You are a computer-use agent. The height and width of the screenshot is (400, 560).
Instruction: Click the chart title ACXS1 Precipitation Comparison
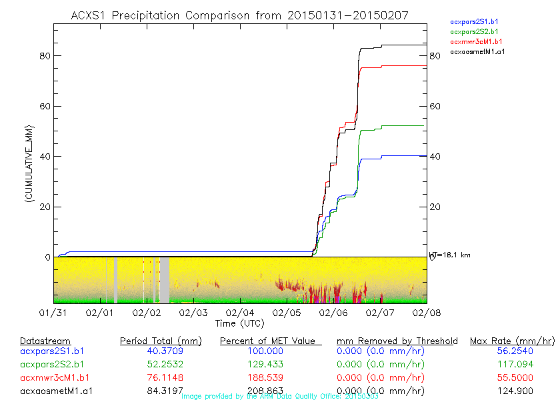click(239, 15)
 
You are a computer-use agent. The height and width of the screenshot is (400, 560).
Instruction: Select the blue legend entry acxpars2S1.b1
click(474, 22)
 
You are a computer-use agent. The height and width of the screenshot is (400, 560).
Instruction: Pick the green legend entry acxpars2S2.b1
click(474, 31)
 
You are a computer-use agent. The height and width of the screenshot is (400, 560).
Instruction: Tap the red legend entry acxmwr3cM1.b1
click(475, 41)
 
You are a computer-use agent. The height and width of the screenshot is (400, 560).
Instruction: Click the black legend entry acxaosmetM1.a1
click(477, 51)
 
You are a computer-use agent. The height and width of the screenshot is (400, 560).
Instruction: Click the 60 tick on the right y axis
click(434, 106)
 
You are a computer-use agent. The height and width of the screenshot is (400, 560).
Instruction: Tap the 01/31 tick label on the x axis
click(53, 312)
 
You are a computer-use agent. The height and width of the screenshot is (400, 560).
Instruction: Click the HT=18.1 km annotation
click(450, 255)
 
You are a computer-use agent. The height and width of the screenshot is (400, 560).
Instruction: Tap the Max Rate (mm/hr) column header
click(511, 341)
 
